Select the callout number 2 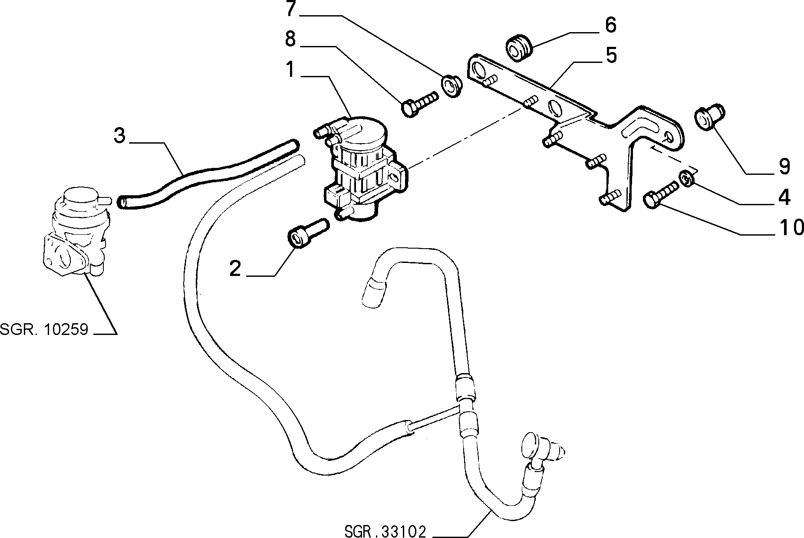tap(235, 269)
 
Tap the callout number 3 tap(119, 136)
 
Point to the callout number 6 tap(610, 25)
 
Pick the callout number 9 tap(784, 166)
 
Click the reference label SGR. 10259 tap(44, 329)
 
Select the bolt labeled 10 tap(660, 196)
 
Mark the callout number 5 tap(611, 56)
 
